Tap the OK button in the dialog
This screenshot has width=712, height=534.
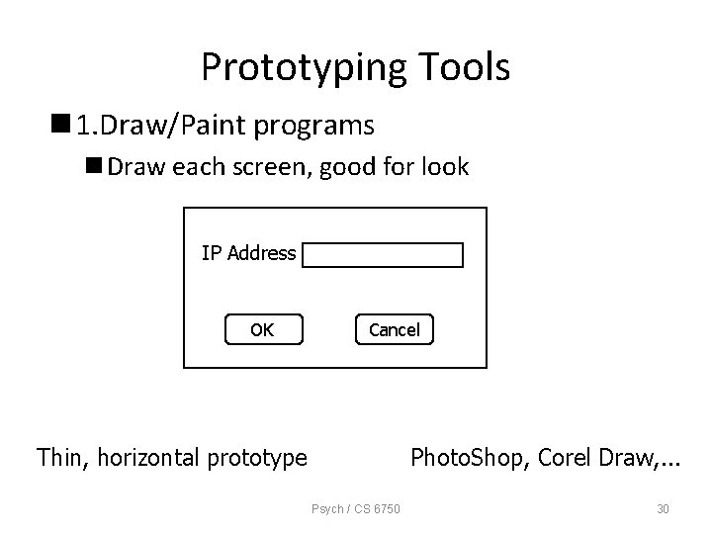pyautogui.click(x=262, y=329)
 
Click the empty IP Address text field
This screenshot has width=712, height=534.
pyautogui.click(x=383, y=255)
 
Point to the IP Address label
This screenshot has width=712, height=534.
pyautogui.click(x=248, y=253)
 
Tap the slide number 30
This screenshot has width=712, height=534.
pyautogui.click(x=664, y=509)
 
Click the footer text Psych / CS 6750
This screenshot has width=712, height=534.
pyautogui.click(x=356, y=509)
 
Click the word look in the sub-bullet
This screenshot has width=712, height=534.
pyautogui.click(x=446, y=167)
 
